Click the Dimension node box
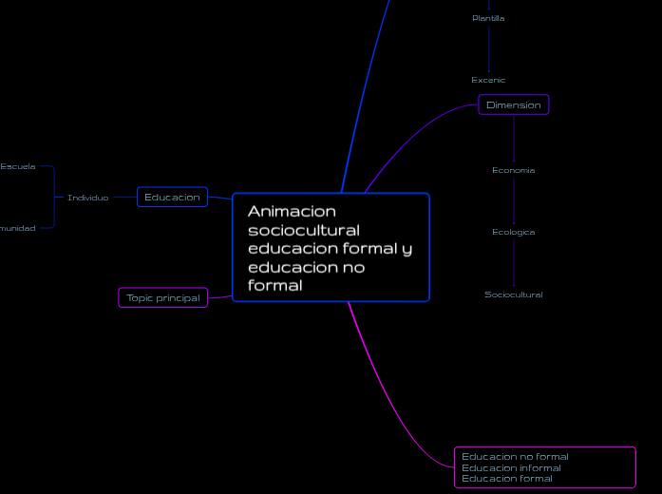(514, 105)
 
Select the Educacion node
(172, 197)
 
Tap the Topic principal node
(163, 297)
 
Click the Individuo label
(87, 198)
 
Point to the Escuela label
(18, 166)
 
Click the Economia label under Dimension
(513, 170)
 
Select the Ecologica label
(513, 232)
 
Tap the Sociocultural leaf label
(513, 294)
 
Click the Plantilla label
(488, 18)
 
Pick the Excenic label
(488, 80)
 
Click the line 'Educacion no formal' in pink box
(515, 456)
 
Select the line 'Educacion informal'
(511, 467)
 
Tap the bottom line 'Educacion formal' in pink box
(506, 479)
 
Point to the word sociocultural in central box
(303, 230)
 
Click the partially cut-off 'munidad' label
(18, 228)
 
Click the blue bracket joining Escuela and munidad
(54, 198)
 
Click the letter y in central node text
(407, 250)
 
